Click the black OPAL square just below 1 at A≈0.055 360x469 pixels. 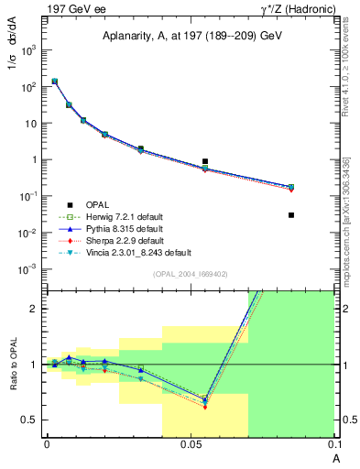tap(205, 161)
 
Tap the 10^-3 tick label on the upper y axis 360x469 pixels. tap(29, 268)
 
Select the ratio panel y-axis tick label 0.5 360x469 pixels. tap(30, 420)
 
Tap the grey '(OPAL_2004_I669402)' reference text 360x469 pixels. tap(190, 274)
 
